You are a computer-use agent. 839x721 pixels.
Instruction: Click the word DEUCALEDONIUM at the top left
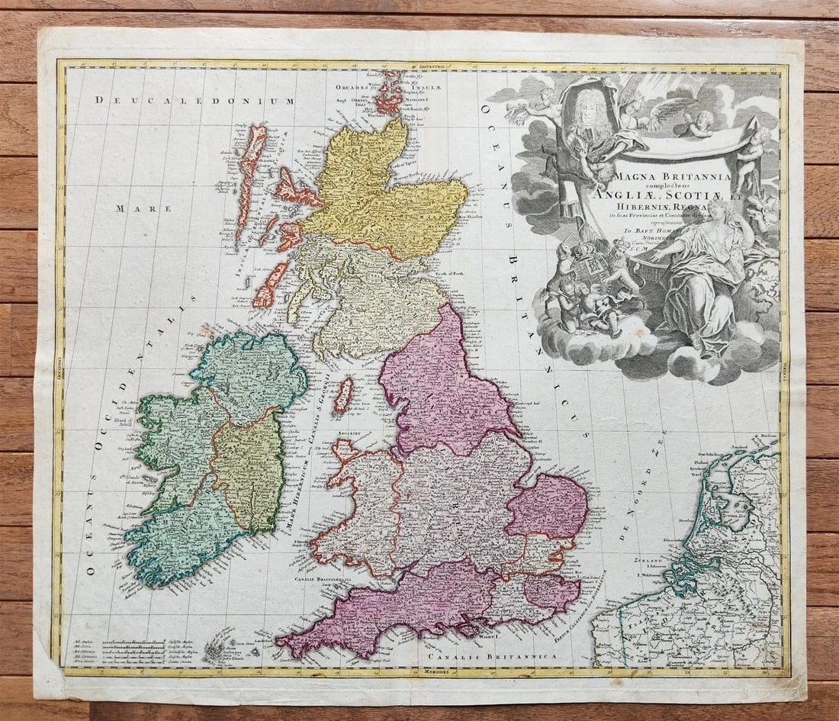[x=194, y=100]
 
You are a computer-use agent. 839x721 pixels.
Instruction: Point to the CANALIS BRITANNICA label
[x=491, y=655]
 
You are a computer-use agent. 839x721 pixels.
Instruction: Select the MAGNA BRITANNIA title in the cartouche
[x=671, y=176]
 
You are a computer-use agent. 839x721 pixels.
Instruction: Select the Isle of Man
[x=343, y=395]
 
